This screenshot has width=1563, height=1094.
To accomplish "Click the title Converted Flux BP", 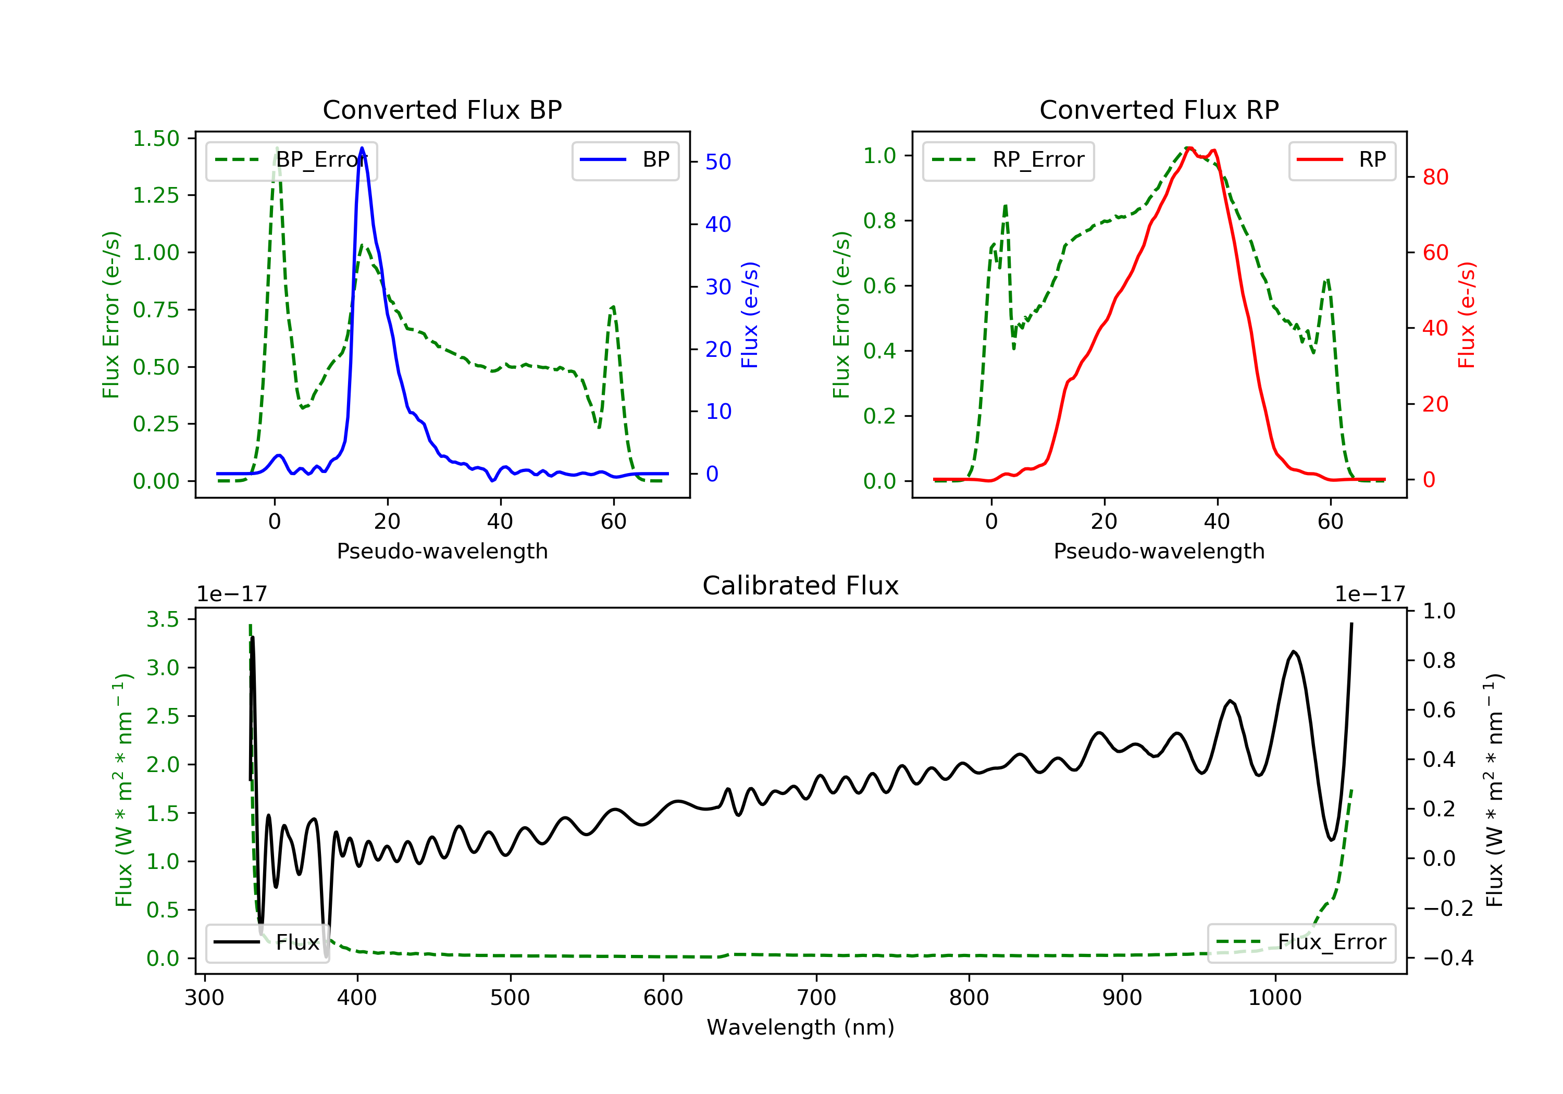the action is [442, 109].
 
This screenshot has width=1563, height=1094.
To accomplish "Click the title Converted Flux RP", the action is [1159, 109].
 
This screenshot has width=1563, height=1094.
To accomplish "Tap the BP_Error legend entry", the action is [291, 160].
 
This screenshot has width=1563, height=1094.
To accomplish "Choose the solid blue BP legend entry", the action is [625, 160].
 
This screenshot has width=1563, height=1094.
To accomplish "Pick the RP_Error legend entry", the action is [1008, 160].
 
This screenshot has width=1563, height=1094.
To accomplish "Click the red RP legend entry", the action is [1342, 160].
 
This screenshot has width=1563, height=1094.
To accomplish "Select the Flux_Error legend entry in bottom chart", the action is [1301, 942].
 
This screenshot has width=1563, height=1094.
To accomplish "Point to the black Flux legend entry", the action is [267, 942].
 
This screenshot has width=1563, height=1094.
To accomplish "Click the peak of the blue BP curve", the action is [362, 148].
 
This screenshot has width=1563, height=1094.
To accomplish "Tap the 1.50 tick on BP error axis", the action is [156, 139].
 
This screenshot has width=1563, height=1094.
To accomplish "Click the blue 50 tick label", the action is [717, 162].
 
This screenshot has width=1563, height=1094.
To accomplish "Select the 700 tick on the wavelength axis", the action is [816, 998].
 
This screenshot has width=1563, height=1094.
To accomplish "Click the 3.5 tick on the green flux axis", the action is [163, 619].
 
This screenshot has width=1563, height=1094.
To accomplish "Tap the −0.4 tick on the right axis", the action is [1448, 958].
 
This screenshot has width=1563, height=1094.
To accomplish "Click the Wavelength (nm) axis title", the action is [801, 1027].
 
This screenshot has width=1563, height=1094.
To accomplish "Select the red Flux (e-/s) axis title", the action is [1466, 315].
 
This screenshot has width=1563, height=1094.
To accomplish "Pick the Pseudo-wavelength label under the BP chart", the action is [442, 551].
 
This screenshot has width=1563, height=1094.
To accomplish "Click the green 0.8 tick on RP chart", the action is [879, 220].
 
